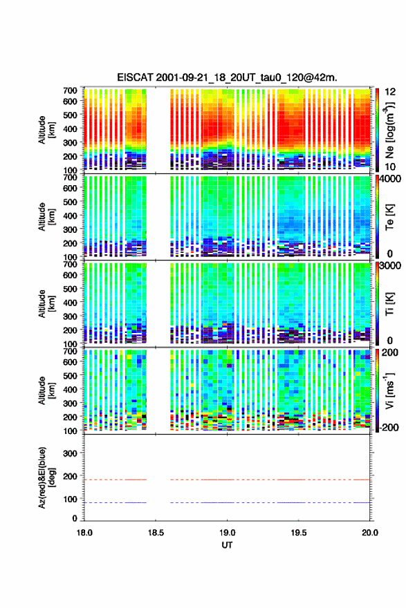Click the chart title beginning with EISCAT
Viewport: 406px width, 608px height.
point(227,77)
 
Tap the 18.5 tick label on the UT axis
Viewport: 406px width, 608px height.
point(156,533)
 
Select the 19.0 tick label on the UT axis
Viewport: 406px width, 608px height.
point(227,533)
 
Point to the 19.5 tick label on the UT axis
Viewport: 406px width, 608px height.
point(299,533)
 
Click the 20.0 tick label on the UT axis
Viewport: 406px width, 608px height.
point(370,533)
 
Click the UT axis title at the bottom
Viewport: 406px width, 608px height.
point(227,545)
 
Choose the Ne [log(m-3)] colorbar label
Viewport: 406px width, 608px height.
point(389,130)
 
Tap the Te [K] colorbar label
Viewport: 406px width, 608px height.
point(389,217)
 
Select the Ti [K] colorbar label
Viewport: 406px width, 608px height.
point(389,303)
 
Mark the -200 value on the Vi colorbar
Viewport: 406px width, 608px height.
point(388,427)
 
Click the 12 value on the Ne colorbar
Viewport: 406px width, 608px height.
point(390,92)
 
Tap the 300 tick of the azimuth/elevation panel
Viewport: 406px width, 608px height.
point(71,453)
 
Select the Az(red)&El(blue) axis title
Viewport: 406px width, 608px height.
point(46,477)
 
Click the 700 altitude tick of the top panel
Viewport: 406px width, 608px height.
point(71,91)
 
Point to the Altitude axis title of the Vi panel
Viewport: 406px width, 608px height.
point(46,390)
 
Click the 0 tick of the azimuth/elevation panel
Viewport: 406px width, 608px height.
point(75,518)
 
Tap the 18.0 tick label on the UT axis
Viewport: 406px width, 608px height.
point(84,533)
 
